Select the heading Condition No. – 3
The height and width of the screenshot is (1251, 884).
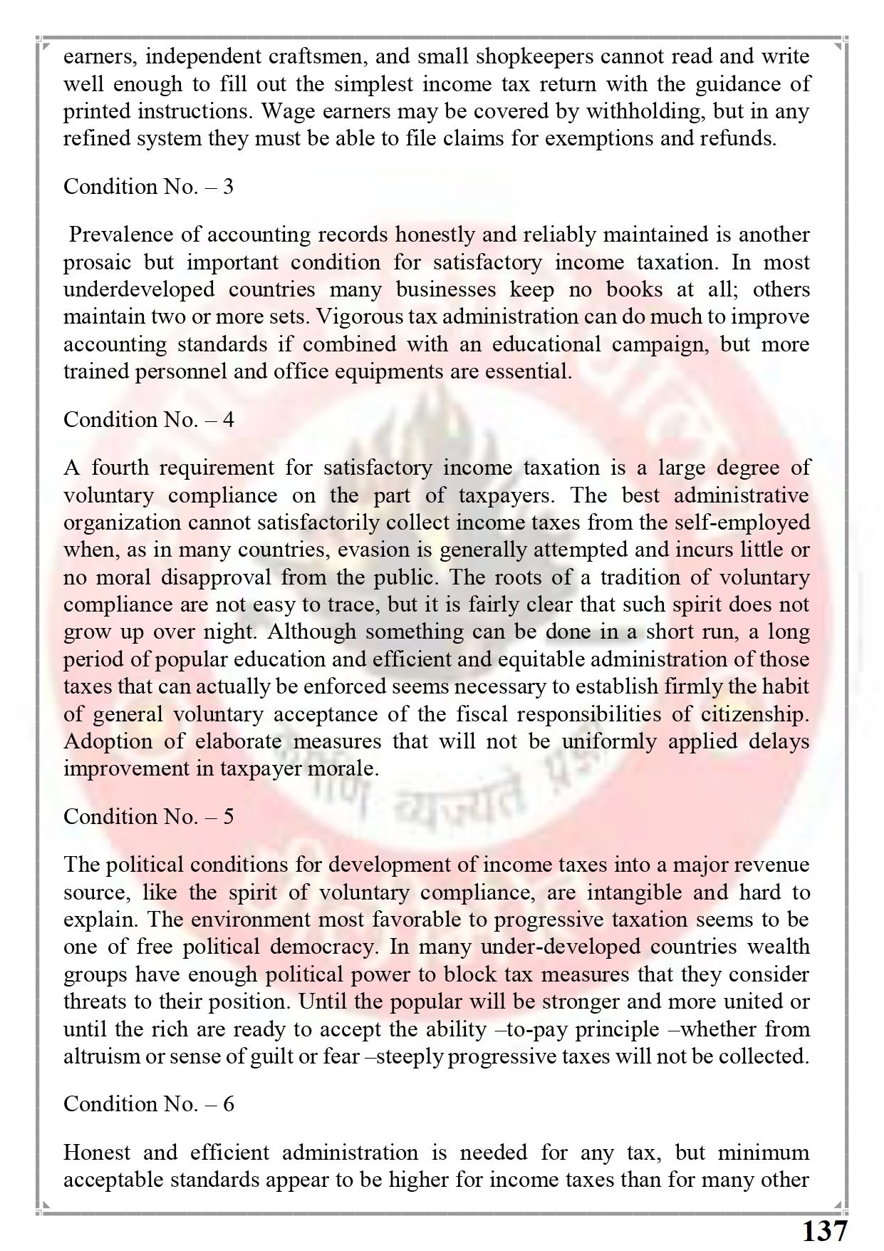[x=148, y=187]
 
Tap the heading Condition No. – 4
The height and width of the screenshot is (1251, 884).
[x=148, y=420]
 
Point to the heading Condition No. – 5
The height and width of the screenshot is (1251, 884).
[x=148, y=816]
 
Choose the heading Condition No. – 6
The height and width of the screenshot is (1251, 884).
[x=148, y=1104]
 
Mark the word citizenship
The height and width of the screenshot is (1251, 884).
[x=756, y=714]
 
